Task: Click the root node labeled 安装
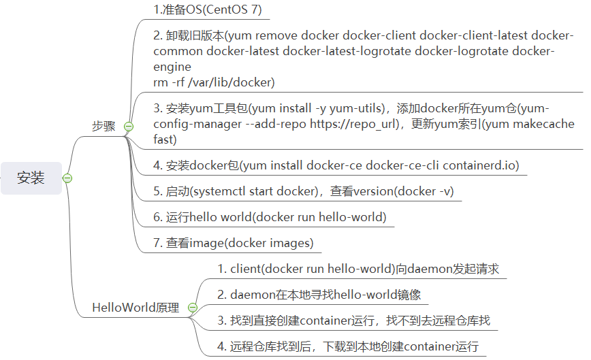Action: point(31,178)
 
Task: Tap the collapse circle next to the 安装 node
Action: point(67,178)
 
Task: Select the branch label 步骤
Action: point(103,127)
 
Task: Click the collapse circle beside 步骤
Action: point(129,127)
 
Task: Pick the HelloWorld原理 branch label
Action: point(135,308)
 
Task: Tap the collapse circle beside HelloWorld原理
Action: point(192,308)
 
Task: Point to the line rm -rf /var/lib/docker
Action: point(214,82)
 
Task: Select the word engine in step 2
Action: point(172,67)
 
